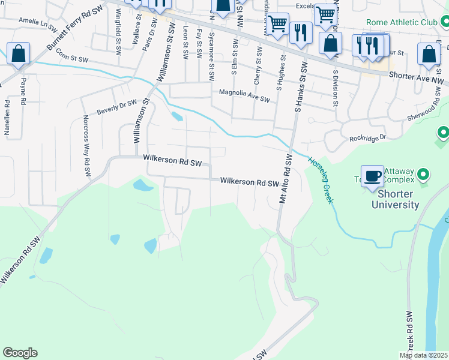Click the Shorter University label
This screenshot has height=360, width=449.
[394, 200]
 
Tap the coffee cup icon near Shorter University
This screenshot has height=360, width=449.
[373, 176]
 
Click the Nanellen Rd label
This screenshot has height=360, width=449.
[8, 116]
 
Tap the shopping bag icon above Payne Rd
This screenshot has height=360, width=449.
[19, 54]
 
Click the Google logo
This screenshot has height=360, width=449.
[20, 353]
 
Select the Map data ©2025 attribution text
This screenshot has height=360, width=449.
[423, 355]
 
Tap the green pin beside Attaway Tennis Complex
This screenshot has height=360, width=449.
[423, 175]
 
